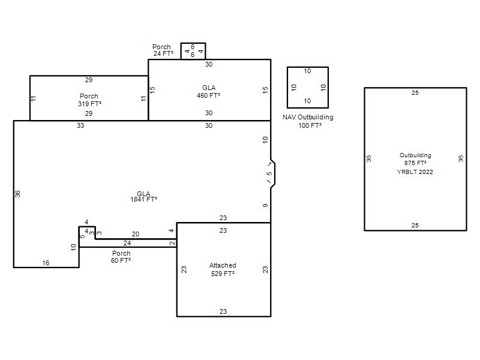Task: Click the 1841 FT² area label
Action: pyautogui.click(x=144, y=199)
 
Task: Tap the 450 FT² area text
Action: pyautogui.click(x=208, y=95)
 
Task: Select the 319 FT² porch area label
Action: pyautogui.click(x=89, y=104)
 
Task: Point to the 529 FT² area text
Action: pyautogui.click(x=223, y=274)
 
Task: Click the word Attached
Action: pyautogui.click(x=223, y=265)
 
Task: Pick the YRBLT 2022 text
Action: pyautogui.click(x=415, y=172)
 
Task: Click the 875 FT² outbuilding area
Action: pyautogui.click(x=415, y=163)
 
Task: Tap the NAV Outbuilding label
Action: pyautogui.click(x=308, y=117)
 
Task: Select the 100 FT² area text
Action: pyautogui.click(x=310, y=125)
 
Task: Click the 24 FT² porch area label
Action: pyautogui.click(x=163, y=53)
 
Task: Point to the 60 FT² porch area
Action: pyautogui.click(x=121, y=260)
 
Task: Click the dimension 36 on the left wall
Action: pyautogui.click(x=18, y=194)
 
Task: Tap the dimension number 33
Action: pyautogui.click(x=80, y=125)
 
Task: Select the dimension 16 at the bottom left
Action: pyautogui.click(x=46, y=263)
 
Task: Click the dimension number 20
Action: pyautogui.click(x=136, y=234)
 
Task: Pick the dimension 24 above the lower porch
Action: pyautogui.click(x=127, y=243)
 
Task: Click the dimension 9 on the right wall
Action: pyautogui.click(x=265, y=205)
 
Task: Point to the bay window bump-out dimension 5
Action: pyautogui.click(x=269, y=173)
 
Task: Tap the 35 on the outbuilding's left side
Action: pyautogui.click(x=368, y=158)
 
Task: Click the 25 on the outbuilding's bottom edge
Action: pyautogui.click(x=415, y=226)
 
